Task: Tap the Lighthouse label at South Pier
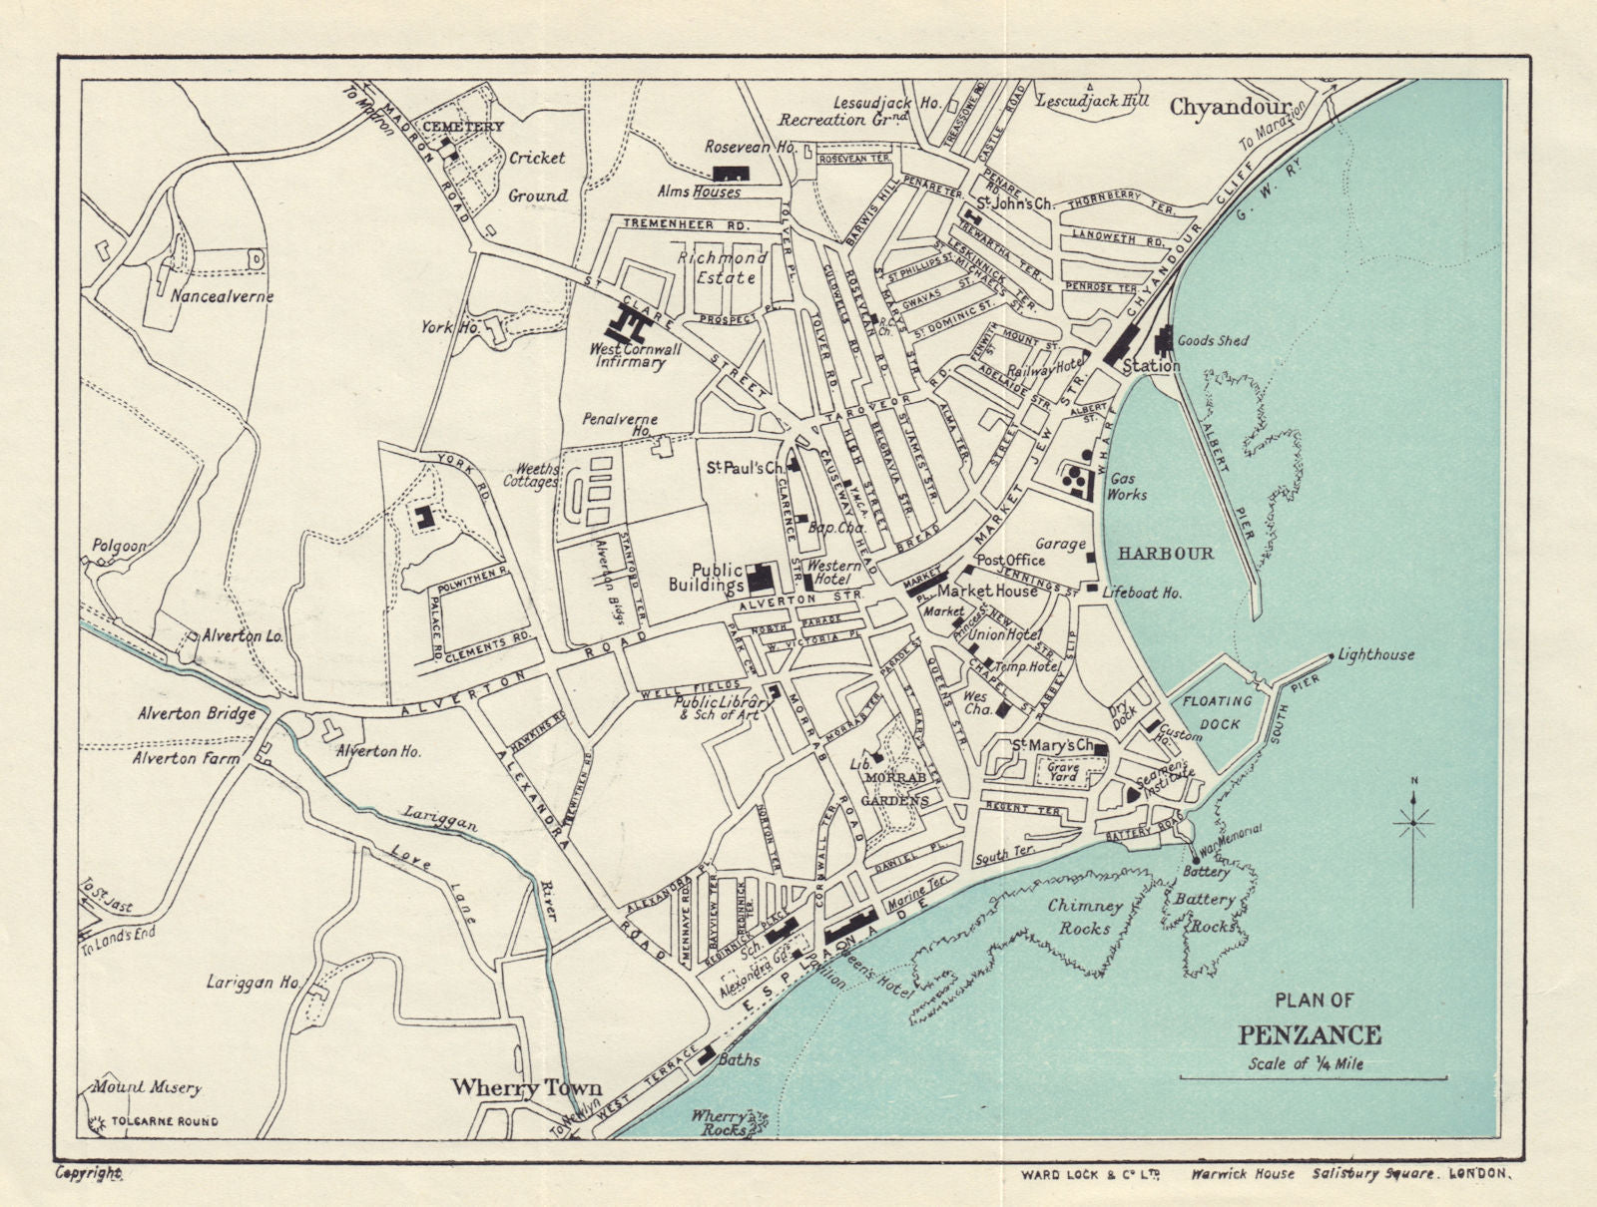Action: (1377, 655)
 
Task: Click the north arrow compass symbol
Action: (1414, 821)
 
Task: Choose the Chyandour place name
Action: (1230, 105)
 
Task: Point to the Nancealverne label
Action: (222, 296)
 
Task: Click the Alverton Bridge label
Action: (195, 714)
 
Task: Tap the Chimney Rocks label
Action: (1085, 917)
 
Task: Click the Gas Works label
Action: (1128, 486)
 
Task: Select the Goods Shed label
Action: (1213, 340)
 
